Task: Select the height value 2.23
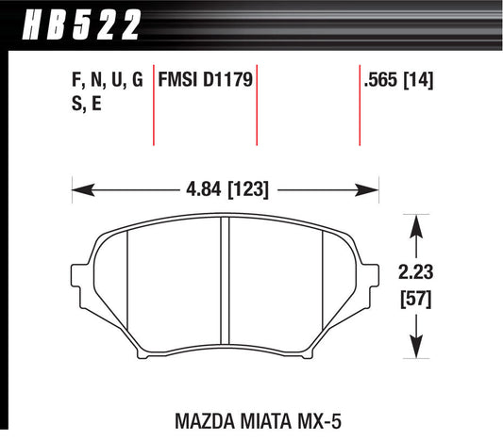[x=416, y=274]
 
